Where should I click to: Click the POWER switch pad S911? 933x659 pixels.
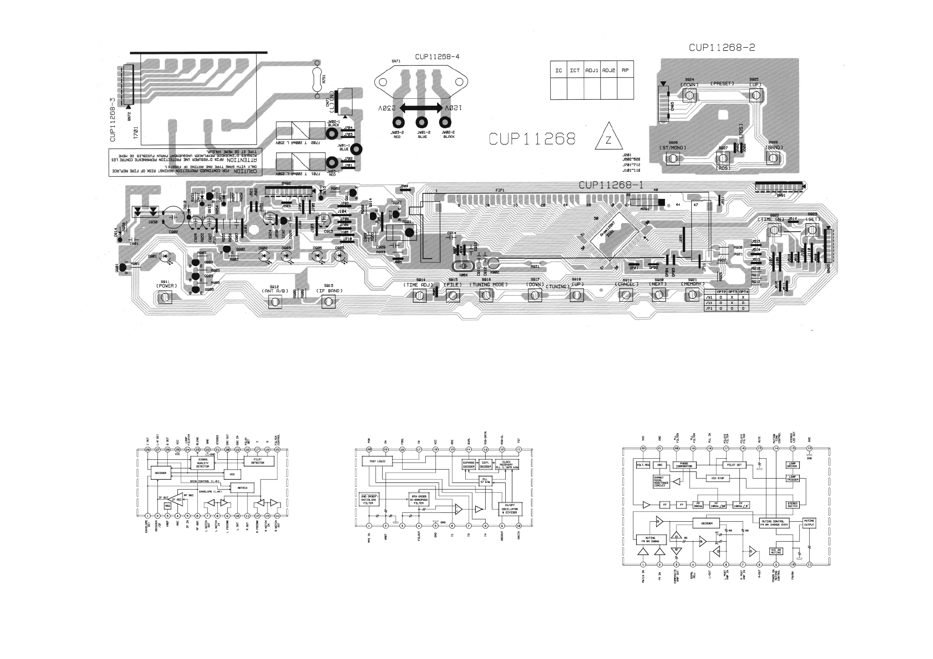point(165,298)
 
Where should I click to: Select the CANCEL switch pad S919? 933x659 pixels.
point(626,295)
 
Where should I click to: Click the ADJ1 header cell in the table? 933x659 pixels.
point(592,70)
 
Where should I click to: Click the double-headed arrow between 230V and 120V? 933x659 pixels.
point(421,108)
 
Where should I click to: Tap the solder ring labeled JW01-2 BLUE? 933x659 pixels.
point(422,122)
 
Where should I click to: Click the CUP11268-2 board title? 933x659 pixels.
point(722,47)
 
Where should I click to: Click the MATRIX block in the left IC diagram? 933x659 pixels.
point(242,488)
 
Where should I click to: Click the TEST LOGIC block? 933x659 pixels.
point(374,461)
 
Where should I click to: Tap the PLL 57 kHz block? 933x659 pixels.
point(485,480)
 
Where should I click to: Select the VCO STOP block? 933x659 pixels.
point(718,478)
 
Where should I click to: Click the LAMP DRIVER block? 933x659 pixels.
point(792,465)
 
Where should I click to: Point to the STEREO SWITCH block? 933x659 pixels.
point(792,505)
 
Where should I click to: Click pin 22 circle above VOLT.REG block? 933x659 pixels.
point(643,449)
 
